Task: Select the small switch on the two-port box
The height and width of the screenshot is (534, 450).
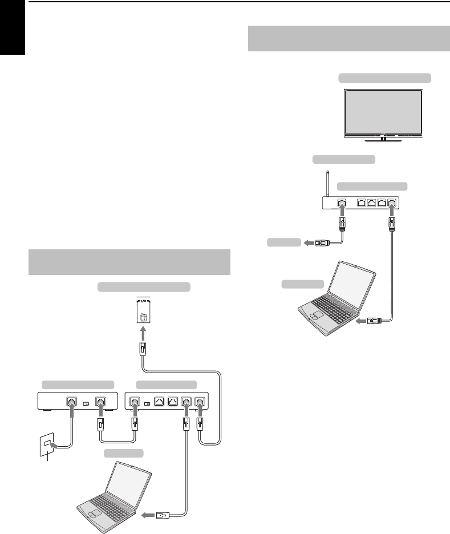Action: pos(87,403)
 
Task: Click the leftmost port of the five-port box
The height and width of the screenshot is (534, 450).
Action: pos(135,402)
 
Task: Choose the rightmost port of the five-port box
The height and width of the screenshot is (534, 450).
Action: pos(200,402)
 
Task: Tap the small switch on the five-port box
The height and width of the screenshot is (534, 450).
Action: pos(148,403)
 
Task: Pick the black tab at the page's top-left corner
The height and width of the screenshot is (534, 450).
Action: pos(13,28)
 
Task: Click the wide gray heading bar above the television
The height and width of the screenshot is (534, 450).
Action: pos(349,39)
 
